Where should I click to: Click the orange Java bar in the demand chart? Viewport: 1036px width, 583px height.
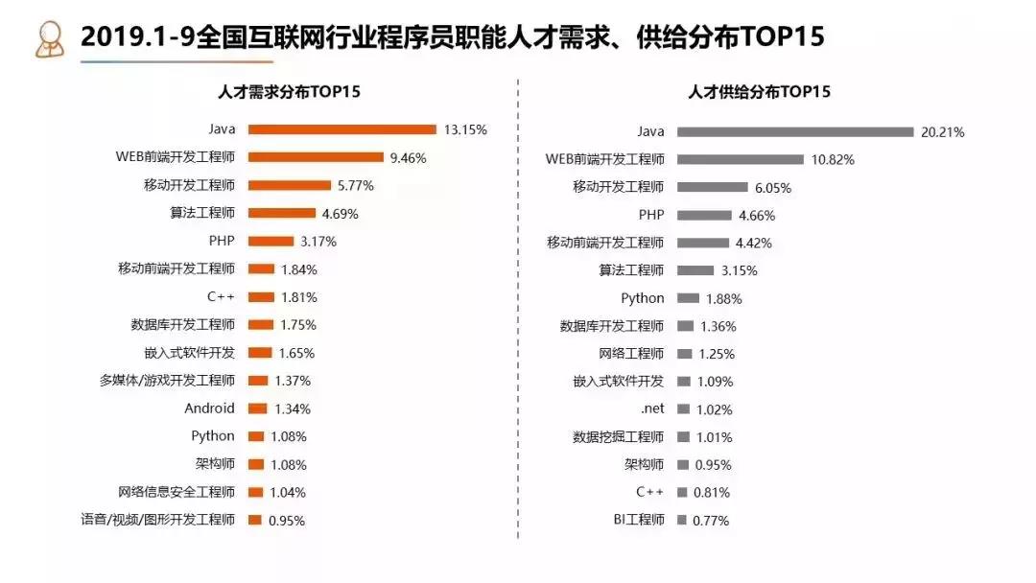coord(342,128)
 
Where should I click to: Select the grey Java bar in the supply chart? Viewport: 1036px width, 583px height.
coord(794,131)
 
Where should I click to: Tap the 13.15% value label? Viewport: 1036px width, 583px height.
coord(465,128)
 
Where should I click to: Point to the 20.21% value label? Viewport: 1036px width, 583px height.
coord(942,131)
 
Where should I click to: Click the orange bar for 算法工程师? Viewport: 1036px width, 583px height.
coord(281,213)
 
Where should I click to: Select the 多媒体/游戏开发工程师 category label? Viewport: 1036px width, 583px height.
coord(167,381)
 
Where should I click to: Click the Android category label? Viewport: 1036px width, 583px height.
coord(209,408)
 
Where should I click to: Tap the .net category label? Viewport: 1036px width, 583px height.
coord(652,408)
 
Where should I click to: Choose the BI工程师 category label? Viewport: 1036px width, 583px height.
coord(639,520)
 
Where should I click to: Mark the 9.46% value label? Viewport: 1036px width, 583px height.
coord(407,157)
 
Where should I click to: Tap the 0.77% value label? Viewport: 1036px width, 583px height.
coord(711,521)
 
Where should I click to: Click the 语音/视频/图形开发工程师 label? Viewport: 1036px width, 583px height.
coord(157,520)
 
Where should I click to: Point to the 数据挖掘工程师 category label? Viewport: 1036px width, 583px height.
coord(618,437)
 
